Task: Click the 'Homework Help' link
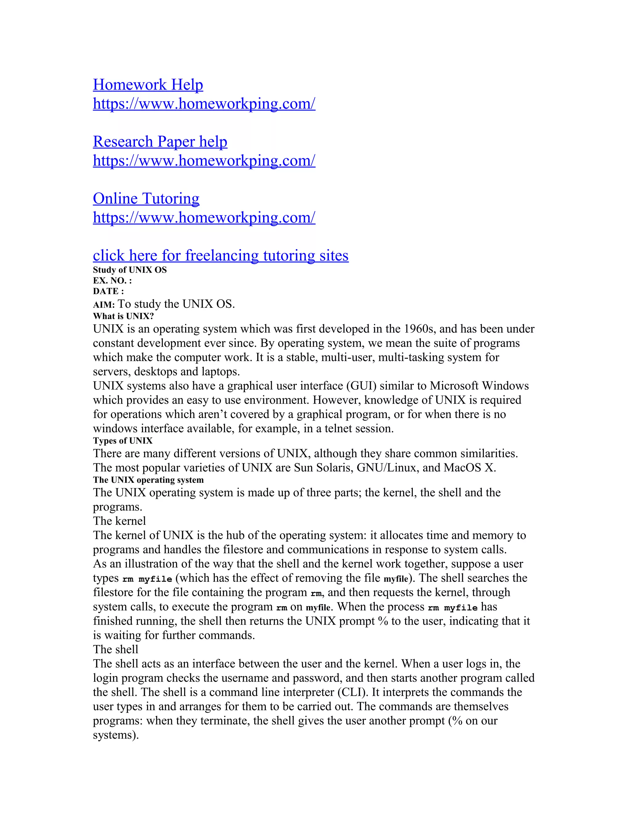coord(148,84)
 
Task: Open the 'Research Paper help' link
coord(160,142)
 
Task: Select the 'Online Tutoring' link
coord(146,199)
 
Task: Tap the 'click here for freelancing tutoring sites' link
coord(221,256)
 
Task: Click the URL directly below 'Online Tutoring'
coord(204,218)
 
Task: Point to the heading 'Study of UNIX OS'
coord(130,270)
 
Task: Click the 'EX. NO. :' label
coord(112,281)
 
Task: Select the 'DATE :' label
coord(108,291)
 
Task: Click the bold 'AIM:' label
coord(104,305)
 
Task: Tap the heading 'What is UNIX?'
coord(123,316)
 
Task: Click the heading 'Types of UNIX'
coord(123,441)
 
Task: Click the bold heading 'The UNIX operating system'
coord(149,480)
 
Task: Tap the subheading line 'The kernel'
coord(119,521)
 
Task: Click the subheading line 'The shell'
coord(116,649)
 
